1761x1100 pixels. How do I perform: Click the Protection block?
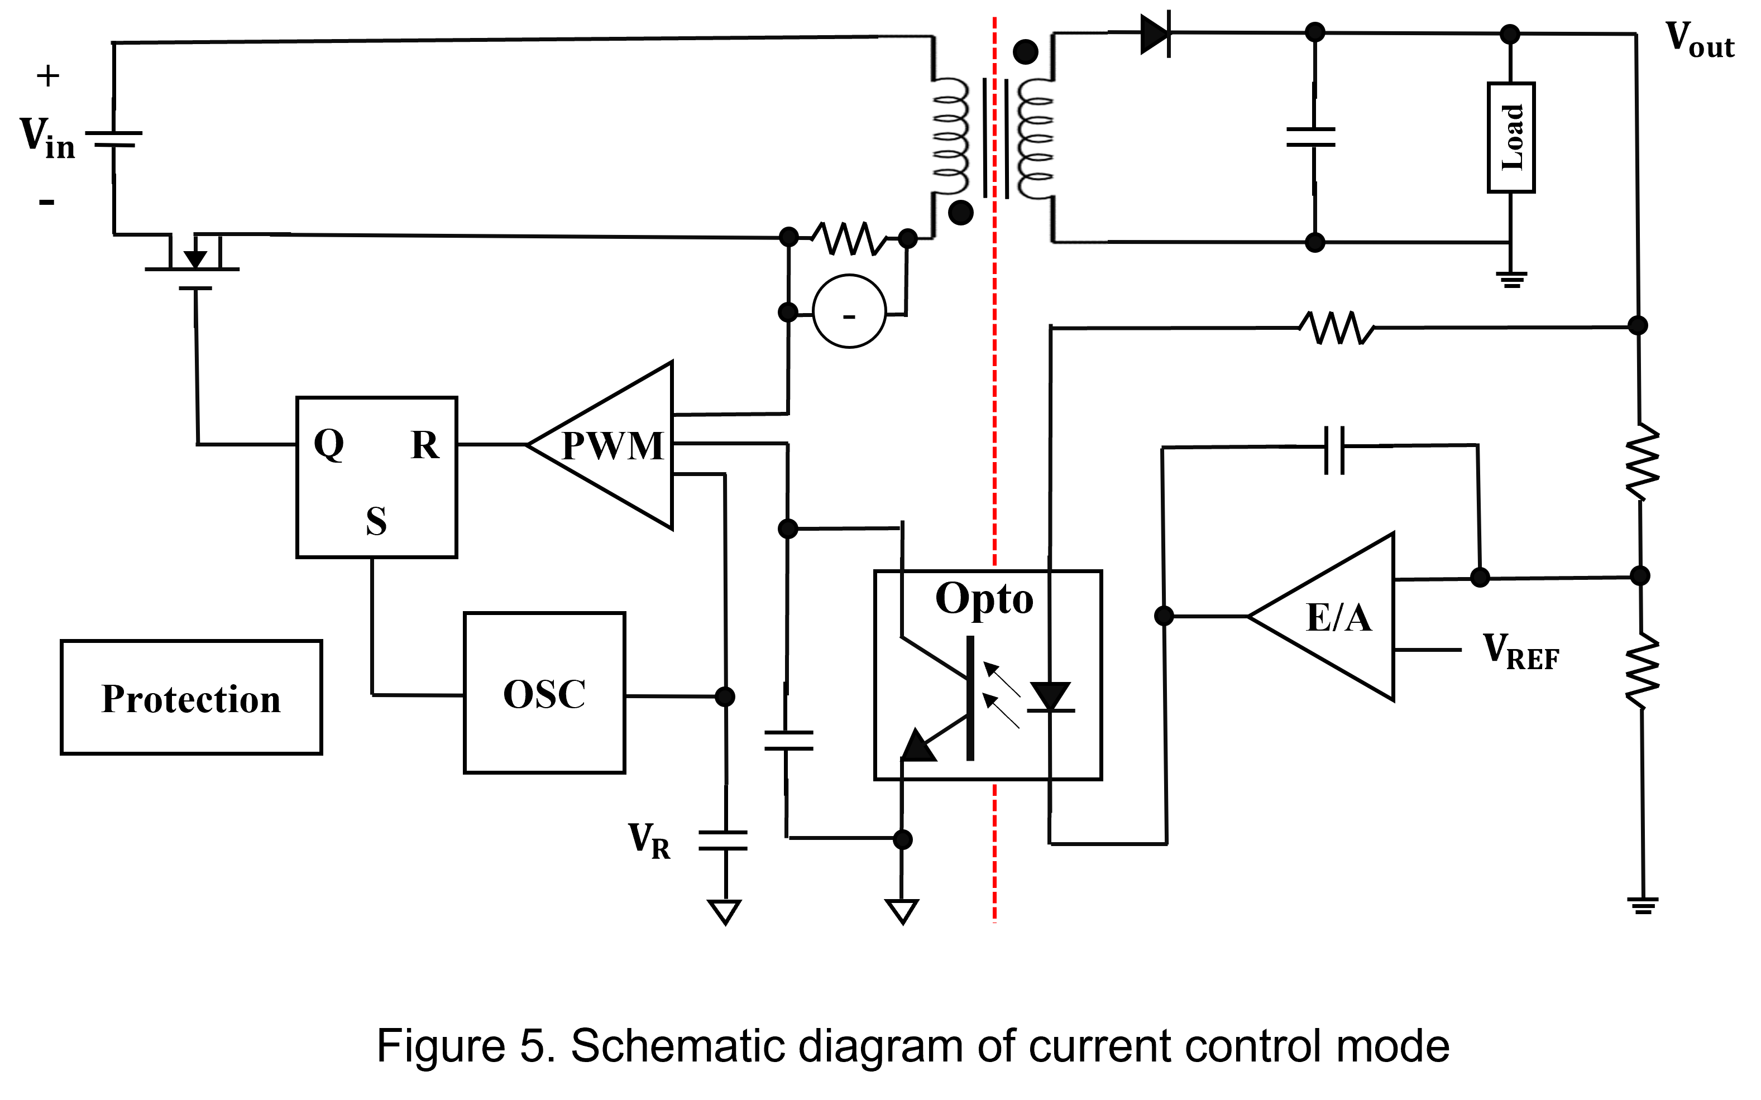[x=190, y=697]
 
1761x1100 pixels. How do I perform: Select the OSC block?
[x=544, y=693]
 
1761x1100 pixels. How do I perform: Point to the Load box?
[x=1511, y=137]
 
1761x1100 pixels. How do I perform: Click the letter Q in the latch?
[x=329, y=443]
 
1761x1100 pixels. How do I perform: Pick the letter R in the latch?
[x=425, y=444]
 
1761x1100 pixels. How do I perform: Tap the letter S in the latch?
[x=376, y=521]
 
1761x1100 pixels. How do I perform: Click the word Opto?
[x=984, y=598]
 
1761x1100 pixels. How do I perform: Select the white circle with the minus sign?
[x=849, y=311]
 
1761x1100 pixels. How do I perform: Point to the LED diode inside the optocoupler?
[x=1050, y=697]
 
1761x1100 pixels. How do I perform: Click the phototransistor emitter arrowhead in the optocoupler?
[x=918, y=746]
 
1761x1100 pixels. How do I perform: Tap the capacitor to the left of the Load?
[x=1313, y=140]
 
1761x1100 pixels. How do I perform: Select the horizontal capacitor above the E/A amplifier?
[x=1337, y=446]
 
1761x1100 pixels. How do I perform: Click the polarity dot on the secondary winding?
[x=1026, y=52]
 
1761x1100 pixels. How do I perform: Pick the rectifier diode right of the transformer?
[x=1156, y=34]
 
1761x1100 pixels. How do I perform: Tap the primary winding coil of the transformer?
[x=950, y=138]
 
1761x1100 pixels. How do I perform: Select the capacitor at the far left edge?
[x=113, y=142]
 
